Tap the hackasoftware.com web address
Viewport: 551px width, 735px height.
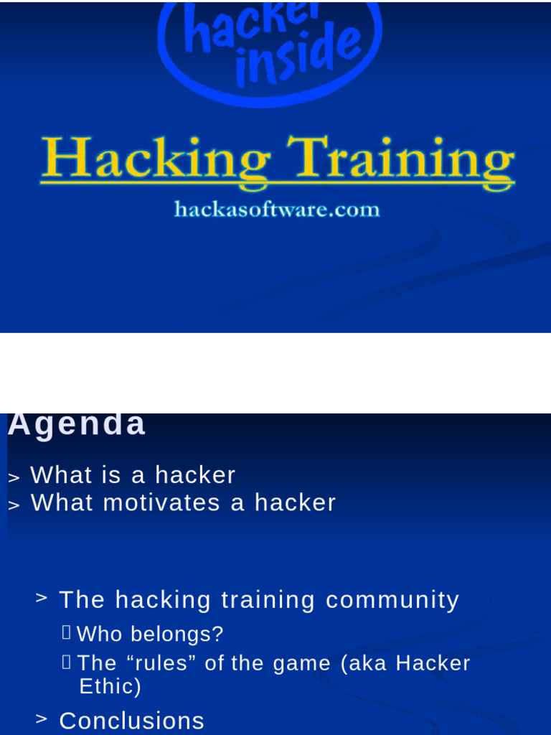tap(276, 210)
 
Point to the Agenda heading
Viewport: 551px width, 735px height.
tap(77, 425)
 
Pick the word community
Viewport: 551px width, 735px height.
tap(392, 600)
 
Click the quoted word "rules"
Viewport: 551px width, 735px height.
tap(163, 663)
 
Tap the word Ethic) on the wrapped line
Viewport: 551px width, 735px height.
tap(110, 687)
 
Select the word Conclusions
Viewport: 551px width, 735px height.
tap(131, 721)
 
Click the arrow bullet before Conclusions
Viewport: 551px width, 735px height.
tap(42, 718)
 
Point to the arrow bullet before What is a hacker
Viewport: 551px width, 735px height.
tap(14, 477)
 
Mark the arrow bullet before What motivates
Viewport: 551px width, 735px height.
tap(14, 505)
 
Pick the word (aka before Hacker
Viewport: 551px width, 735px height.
tap(365, 663)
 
